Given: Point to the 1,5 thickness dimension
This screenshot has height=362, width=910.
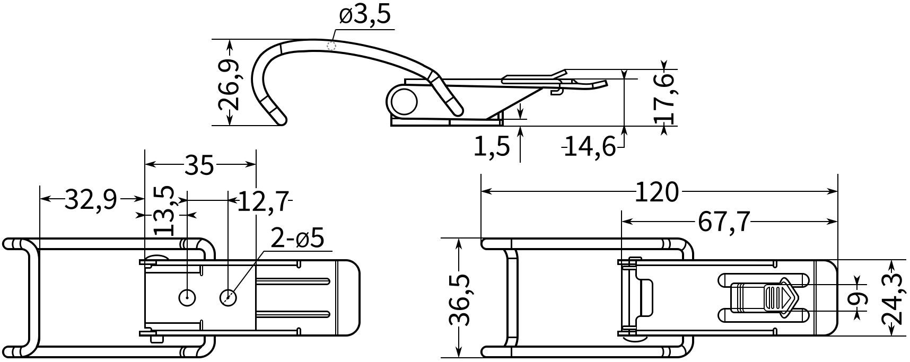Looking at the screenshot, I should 491,146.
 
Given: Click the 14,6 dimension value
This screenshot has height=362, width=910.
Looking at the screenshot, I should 590,146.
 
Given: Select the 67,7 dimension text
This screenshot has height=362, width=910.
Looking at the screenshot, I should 724,222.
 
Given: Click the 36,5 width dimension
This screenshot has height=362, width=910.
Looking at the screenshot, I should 458,300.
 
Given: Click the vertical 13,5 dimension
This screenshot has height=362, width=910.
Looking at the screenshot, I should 164,210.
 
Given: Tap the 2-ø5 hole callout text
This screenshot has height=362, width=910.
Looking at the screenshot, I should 297,239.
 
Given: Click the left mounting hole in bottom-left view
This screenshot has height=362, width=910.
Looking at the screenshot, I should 187,298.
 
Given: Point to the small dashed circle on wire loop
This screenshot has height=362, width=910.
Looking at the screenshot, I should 332,46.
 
